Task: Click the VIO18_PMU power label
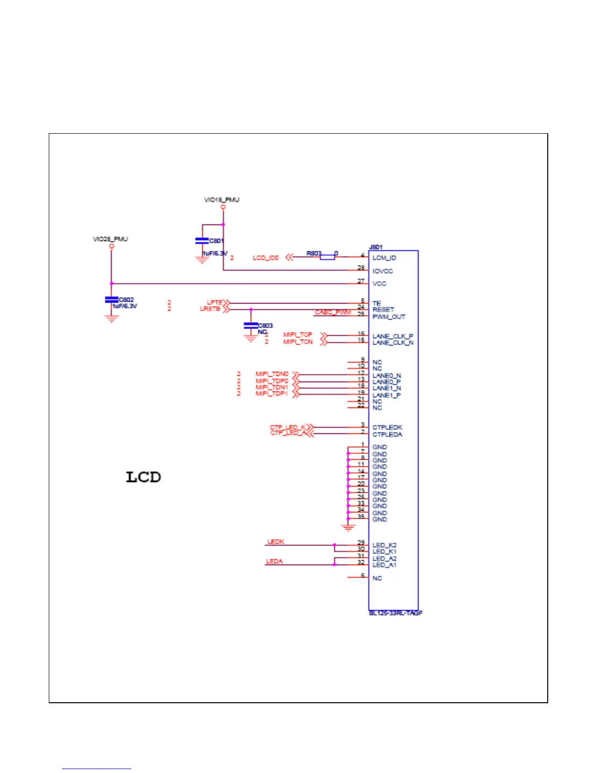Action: pyautogui.click(x=221, y=200)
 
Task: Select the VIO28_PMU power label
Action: pyautogui.click(x=110, y=239)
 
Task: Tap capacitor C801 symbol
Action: pyautogui.click(x=202, y=241)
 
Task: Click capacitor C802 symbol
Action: pyautogui.click(x=112, y=299)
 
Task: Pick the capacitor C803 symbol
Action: pyautogui.click(x=251, y=325)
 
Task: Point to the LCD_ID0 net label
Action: pyautogui.click(x=265, y=258)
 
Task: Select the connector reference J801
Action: pyautogui.click(x=376, y=247)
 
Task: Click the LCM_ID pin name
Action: pyautogui.click(x=384, y=258)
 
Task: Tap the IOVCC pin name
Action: pyautogui.click(x=383, y=271)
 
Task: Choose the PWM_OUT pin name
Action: pyautogui.click(x=389, y=317)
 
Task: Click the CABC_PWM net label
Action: pyautogui.click(x=332, y=312)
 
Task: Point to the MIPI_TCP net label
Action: pyautogui.click(x=298, y=335)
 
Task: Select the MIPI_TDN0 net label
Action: pyautogui.click(x=272, y=374)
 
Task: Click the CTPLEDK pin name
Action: pyautogui.click(x=387, y=427)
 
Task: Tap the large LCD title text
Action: pyautogui.click(x=143, y=477)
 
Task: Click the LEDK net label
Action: pyautogui.click(x=276, y=542)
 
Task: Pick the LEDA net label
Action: pyautogui.click(x=274, y=561)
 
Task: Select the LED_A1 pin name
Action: pyautogui.click(x=384, y=565)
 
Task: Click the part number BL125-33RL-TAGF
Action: pyautogui.click(x=396, y=613)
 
